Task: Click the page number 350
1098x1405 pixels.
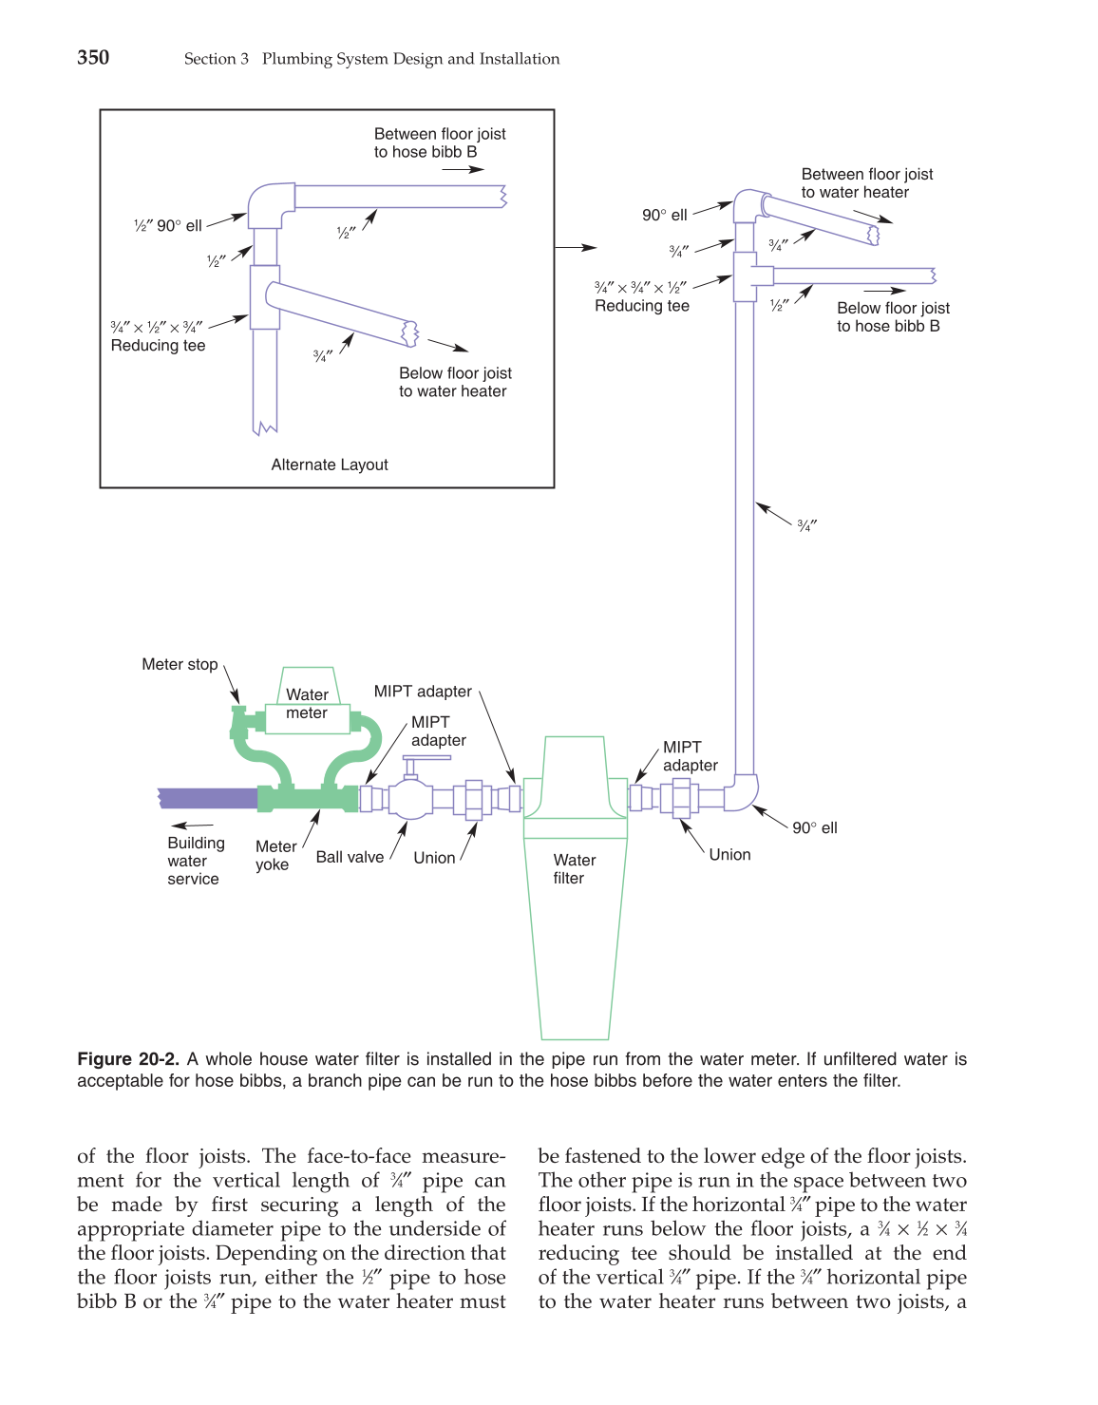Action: (x=93, y=58)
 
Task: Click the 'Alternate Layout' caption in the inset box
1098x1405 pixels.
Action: (x=330, y=465)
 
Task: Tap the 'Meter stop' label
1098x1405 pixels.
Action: (x=180, y=664)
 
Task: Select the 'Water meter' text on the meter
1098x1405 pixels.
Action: (x=307, y=704)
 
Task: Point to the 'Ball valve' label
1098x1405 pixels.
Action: (x=350, y=857)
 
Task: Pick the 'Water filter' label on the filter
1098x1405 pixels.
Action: (x=574, y=868)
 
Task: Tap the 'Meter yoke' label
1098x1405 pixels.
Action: (x=275, y=855)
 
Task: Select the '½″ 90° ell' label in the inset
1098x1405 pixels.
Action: (x=168, y=225)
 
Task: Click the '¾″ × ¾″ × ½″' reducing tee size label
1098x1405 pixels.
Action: (x=640, y=287)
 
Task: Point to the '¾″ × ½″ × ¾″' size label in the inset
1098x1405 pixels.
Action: (x=157, y=327)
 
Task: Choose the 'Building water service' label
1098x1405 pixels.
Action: (x=196, y=861)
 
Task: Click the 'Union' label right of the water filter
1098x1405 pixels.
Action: (x=729, y=854)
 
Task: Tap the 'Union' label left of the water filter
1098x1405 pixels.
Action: (x=434, y=858)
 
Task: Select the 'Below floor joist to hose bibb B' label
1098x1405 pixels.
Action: (x=892, y=317)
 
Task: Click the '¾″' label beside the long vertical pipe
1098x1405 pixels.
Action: (x=806, y=525)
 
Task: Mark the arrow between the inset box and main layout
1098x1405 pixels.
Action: (x=576, y=247)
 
